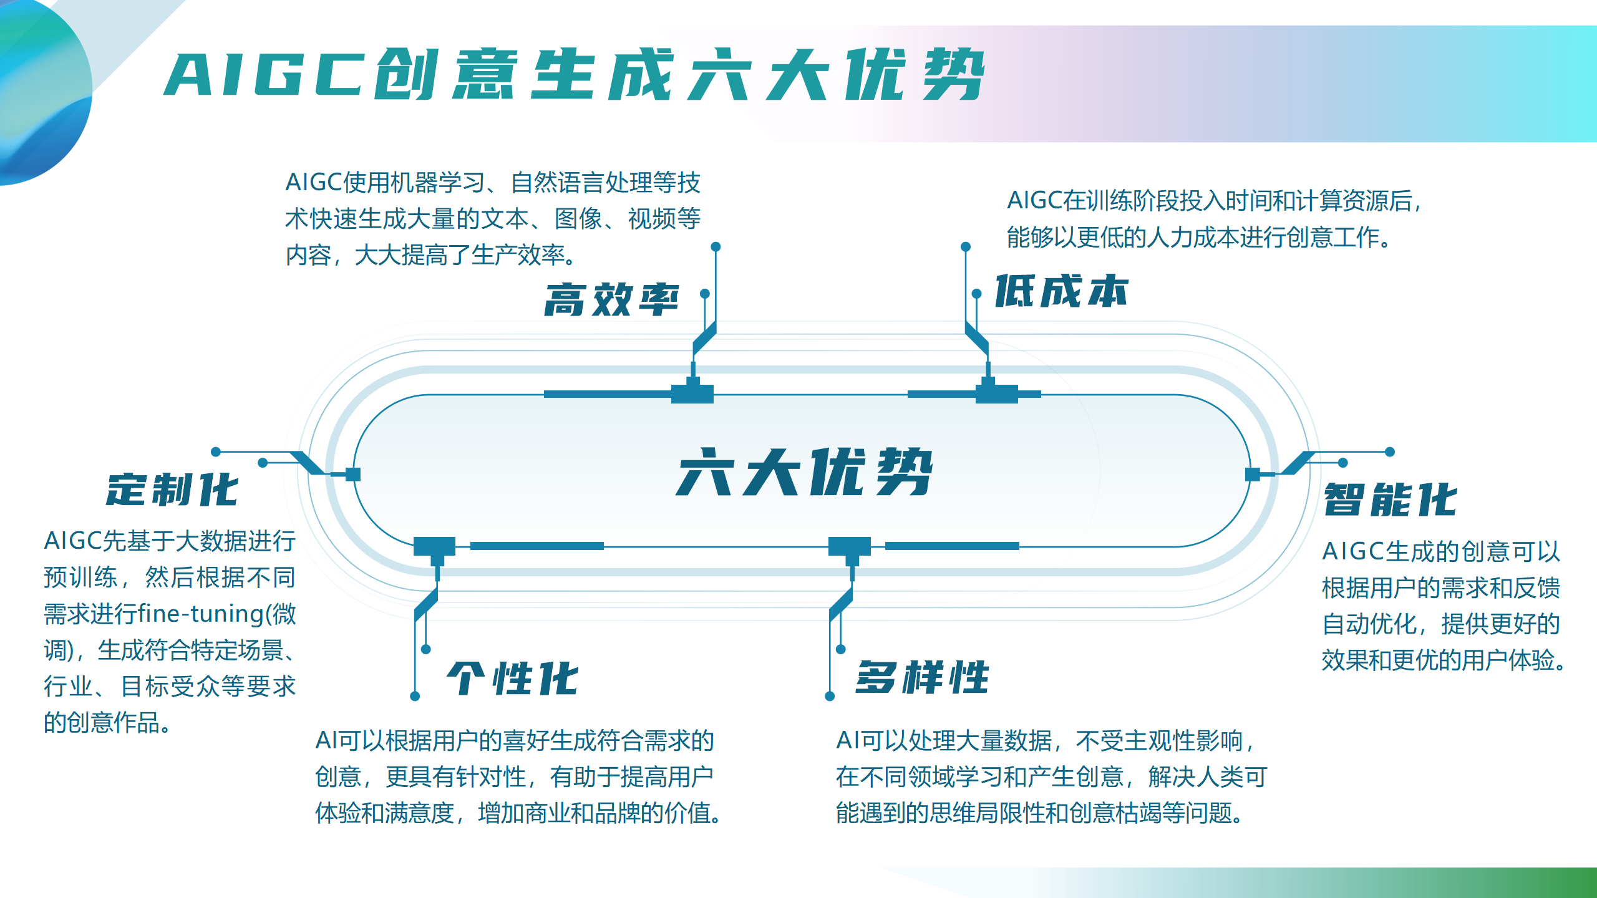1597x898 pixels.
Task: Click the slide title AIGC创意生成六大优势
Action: tap(574, 74)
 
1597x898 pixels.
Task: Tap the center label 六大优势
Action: tap(804, 472)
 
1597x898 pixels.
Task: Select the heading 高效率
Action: tap(611, 299)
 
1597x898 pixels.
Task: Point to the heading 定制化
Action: tap(172, 490)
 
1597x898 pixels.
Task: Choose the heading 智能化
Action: tap(1391, 499)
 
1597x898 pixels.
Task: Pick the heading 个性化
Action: tap(512, 678)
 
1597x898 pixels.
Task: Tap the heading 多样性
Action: tap(922, 677)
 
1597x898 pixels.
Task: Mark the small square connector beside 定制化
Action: tap(353, 475)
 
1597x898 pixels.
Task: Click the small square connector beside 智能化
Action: tap(1252, 475)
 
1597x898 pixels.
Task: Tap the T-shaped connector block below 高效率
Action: tap(692, 390)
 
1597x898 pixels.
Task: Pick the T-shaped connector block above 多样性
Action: tap(850, 550)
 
